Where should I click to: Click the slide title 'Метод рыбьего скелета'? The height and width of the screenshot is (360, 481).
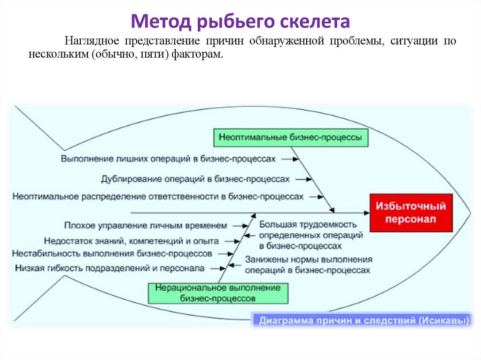[240, 21]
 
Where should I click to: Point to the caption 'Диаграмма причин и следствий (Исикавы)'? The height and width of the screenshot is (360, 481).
[362, 322]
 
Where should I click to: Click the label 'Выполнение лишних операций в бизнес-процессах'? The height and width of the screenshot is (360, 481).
[168, 159]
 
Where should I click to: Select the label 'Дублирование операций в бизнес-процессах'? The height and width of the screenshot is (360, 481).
[195, 179]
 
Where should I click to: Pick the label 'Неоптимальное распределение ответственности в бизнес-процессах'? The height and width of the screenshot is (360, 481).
[158, 197]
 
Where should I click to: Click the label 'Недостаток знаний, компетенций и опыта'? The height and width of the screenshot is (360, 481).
[132, 241]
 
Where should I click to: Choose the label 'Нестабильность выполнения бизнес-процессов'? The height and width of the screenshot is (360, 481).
[112, 254]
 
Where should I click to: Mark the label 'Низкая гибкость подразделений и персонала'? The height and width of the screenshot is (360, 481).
[110, 268]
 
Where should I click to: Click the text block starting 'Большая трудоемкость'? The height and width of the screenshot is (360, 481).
[308, 235]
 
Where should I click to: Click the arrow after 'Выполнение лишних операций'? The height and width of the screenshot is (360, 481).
[290, 159]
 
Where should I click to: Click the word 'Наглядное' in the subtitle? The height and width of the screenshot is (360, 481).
[85, 42]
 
